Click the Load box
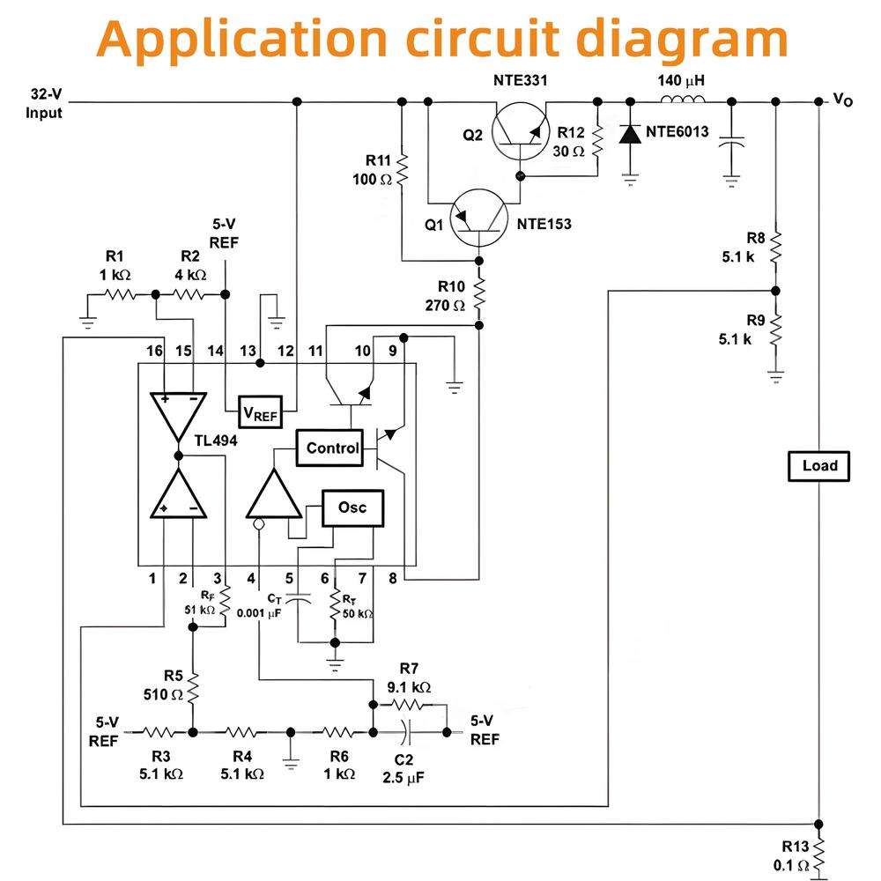[x=818, y=466]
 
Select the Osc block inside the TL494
[x=352, y=507]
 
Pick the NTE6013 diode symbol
[x=630, y=133]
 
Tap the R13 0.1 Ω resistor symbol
[x=819, y=853]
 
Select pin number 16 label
[x=155, y=351]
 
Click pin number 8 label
[x=391, y=579]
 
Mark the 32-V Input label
[x=45, y=103]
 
